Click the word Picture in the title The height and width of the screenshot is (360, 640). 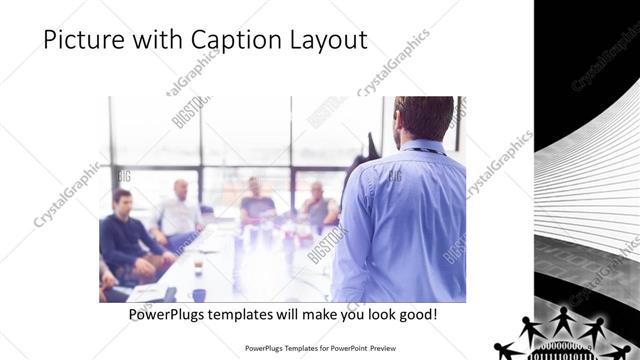coord(81,40)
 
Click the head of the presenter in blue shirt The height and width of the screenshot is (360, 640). coord(413,117)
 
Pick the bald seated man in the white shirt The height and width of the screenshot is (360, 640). coord(180,210)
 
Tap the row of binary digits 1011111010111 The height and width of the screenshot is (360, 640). coord(561,354)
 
